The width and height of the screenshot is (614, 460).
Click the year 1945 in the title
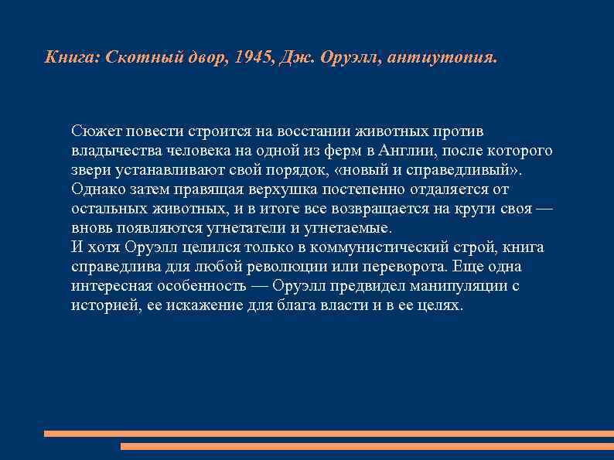pyautogui.click(x=247, y=57)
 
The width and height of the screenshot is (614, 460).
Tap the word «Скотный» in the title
pyautogui.click(x=135, y=57)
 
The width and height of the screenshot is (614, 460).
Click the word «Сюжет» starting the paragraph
pyautogui.click(x=90, y=131)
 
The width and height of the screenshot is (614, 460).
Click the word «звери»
pyautogui.click(x=87, y=169)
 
